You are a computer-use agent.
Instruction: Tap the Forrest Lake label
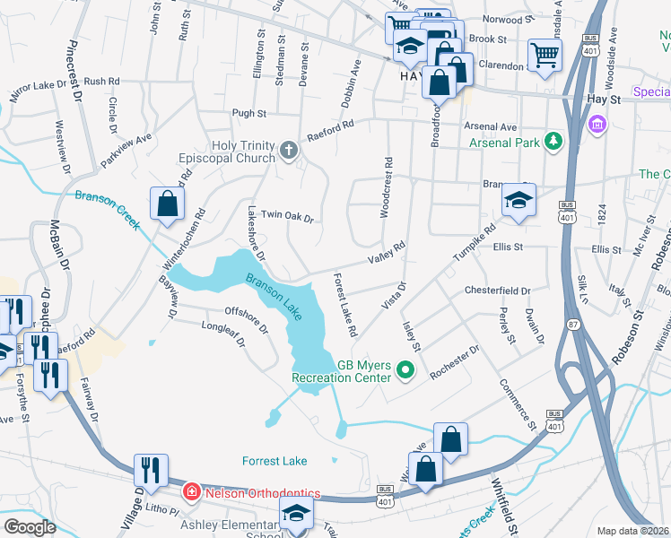[x=274, y=461]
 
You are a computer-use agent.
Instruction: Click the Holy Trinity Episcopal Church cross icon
[x=289, y=150]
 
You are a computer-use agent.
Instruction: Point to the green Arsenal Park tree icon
[x=554, y=142]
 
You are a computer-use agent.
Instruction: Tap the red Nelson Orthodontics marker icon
[x=191, y=491]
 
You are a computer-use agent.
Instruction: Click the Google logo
[x=30, y=526]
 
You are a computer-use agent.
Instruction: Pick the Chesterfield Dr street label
[x=498, y=291]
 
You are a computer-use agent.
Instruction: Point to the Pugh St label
[x=249, y=114]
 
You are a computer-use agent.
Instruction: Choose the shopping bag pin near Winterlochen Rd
[x=168, y=203]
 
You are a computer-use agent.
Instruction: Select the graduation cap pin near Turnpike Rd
[x=518, y=201]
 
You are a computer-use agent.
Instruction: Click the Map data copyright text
[x=633, y=531]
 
